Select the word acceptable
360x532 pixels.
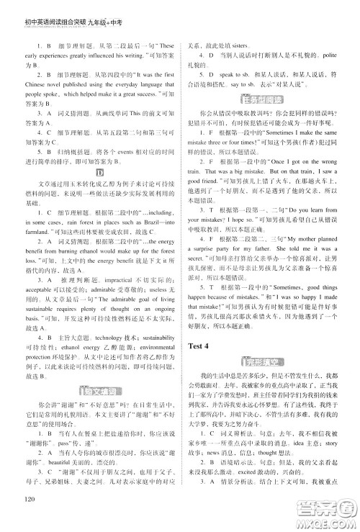[x=40, y=305]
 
